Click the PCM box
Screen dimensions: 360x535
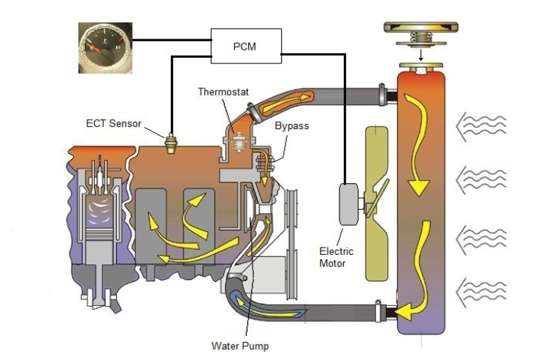[x=245, y=46]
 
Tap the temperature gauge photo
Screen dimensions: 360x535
[x=106, y=48]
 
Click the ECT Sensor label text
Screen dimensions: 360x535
[x=113, y=123]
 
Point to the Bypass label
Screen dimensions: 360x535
[x=291, y=126]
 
